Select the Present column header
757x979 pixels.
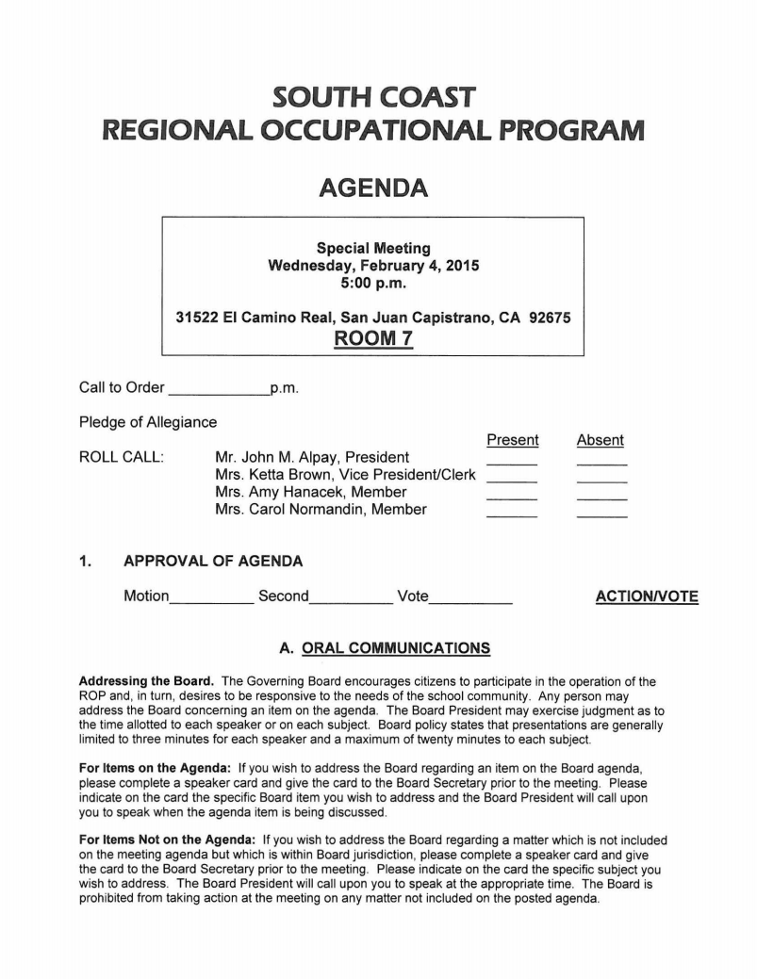click(512, 440)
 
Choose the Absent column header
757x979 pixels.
click(601, 440)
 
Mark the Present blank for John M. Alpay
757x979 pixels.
click(512, 463)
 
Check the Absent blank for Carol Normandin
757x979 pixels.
click(601, 514)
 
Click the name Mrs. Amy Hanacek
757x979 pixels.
click(311, 492)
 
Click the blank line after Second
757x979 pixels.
click(351, 600)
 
